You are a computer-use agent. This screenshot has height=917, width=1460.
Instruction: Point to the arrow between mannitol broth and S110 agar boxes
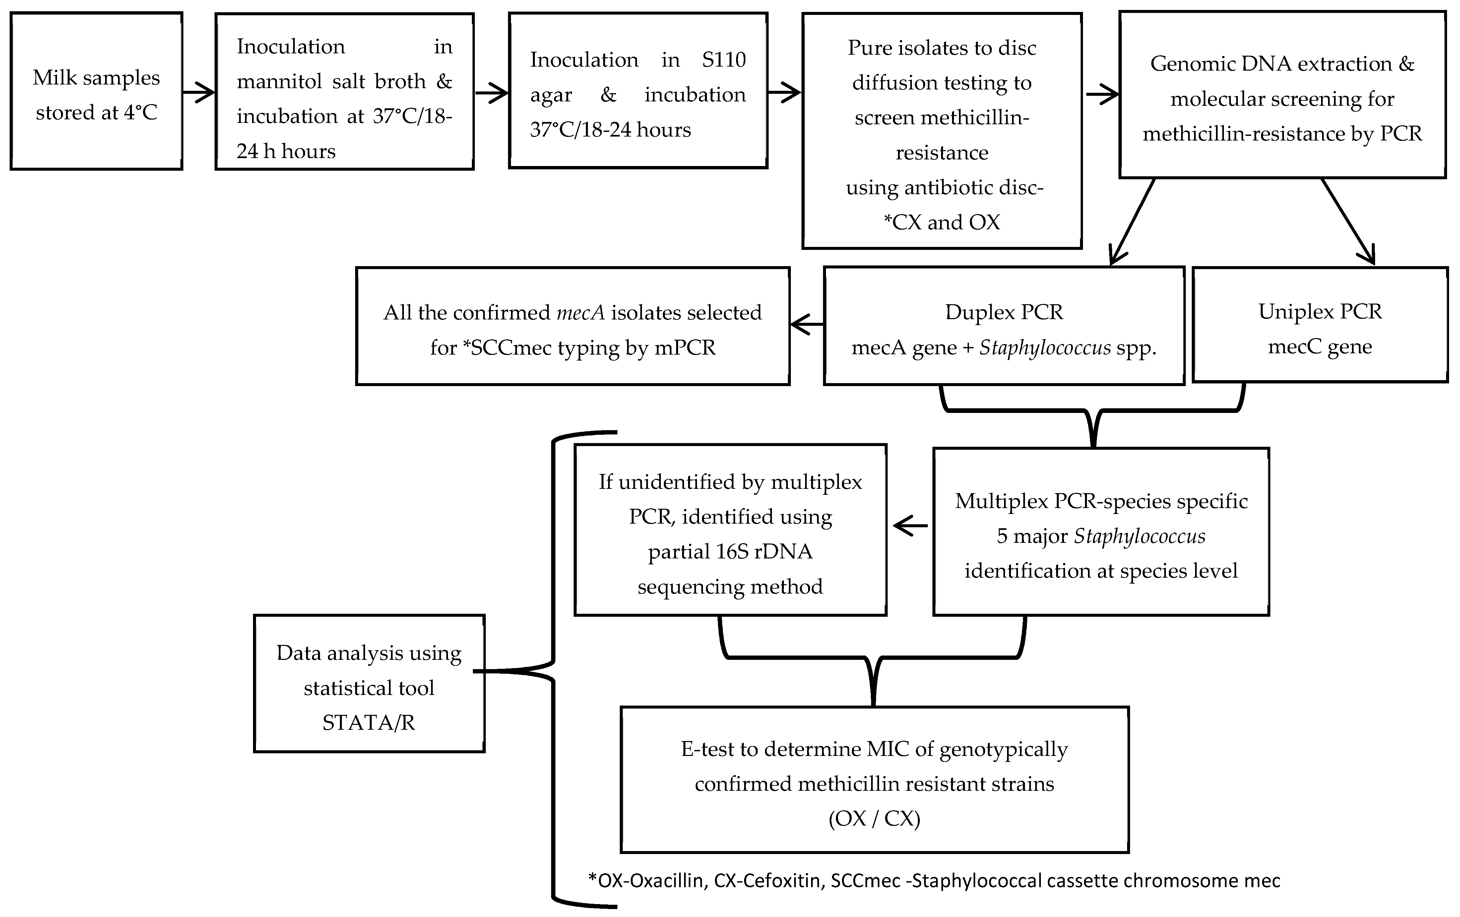click(491, 93)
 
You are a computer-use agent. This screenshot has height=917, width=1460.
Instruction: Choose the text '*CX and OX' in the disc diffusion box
click(942, 222)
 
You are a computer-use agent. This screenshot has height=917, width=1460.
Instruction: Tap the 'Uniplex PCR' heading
click(1320, 312)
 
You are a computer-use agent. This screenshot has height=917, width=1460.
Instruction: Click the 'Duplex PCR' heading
click(1004, 312)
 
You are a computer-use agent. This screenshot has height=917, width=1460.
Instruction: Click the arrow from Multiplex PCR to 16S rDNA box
click(910, 526)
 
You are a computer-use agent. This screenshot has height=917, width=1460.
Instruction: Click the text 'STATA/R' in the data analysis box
click(369, 722)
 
